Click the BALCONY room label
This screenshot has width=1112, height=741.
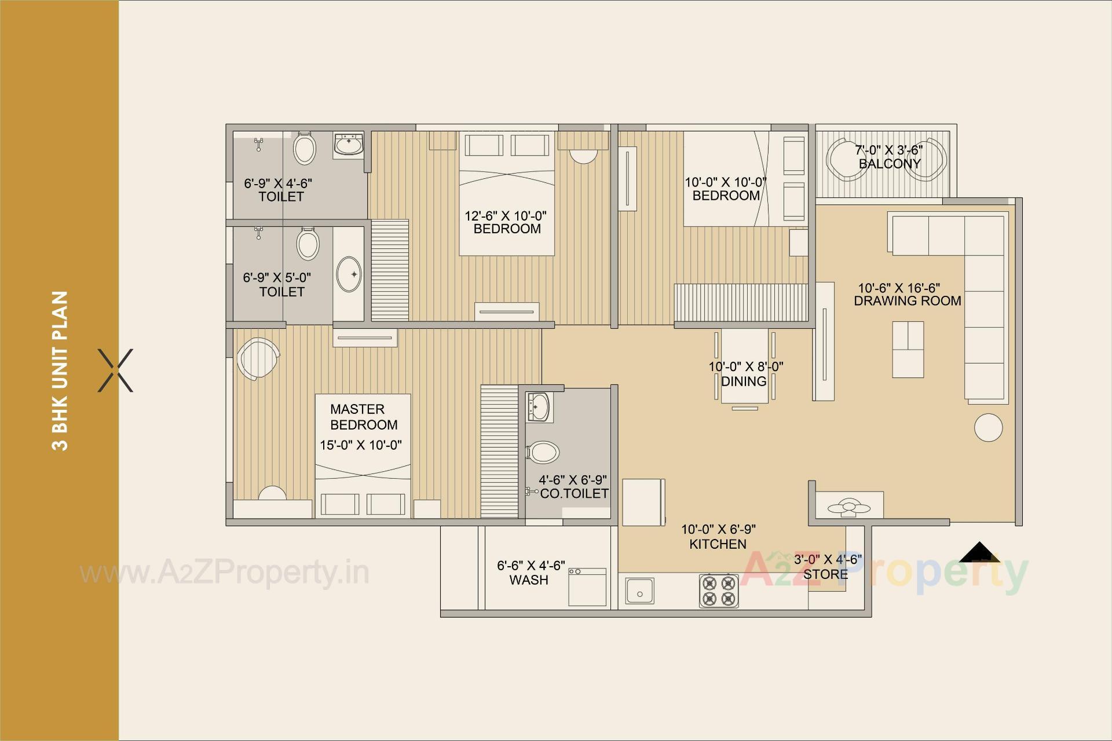click(890, 164)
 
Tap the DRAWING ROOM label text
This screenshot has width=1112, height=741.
click(908, 301)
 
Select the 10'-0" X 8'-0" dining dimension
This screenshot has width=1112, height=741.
click(746, 366)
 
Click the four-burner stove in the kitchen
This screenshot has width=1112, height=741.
click(719, 590)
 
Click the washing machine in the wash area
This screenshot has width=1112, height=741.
click(587, 587)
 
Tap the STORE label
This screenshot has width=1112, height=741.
click(825, 574)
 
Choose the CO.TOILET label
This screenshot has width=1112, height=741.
click(574, 494)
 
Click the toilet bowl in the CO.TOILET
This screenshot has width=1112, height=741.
click(543, 452)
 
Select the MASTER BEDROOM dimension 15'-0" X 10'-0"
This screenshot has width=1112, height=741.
click(361, 445)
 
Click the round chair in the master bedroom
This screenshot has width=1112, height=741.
click(257, 359)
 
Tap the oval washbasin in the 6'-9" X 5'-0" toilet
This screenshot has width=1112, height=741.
click(349, 274)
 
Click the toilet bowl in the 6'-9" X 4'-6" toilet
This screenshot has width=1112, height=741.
click(305, 148)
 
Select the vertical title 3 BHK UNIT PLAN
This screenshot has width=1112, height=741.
click(60, 370)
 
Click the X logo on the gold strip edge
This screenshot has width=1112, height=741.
click(116, 370)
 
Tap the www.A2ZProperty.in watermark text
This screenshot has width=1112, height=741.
click(224, 574)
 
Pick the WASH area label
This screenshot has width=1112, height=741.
click(528, 580)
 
